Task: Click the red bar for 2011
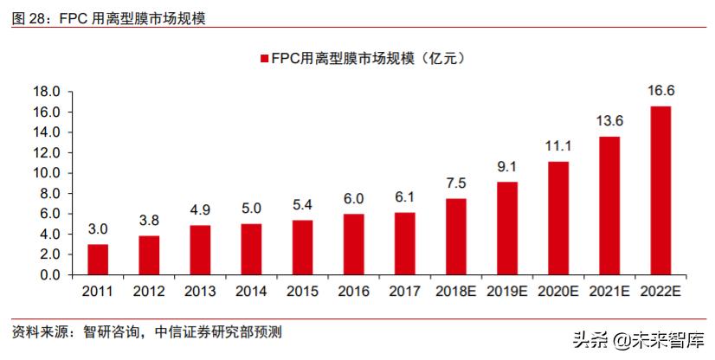pyautogui.click(x=98, y=260)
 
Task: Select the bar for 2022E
pyautogui.click(x=660, y=190)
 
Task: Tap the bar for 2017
pyautogui.click(x=404, y=243)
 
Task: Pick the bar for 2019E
pyautogui.click(x=507, y=228)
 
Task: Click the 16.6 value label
pyautogui.click(x=660, y=90)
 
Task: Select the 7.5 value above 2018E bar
pyautogui.click(x=455, y=182)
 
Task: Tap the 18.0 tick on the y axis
pyautogui.click(x=45, y=92)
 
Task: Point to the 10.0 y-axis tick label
pyautogui.click(x=45, y=173)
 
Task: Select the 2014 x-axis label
pyautogui.click(x=251, y=294)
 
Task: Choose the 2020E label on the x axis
pyautogui.click(x=557, y=294)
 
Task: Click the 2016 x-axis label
pyautogui.click(x=353, y=294)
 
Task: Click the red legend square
pyautogui.click(x=263, y=58)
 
